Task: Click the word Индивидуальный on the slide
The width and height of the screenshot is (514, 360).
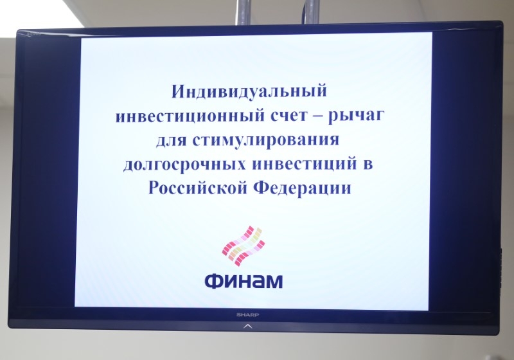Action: (249, 92)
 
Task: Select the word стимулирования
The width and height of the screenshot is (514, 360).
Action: (266, 141)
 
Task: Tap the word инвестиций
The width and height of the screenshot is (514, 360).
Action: (304, 165)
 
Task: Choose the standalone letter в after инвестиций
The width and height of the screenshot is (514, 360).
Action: (368, 165)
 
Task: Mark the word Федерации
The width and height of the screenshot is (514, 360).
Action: (303, 188)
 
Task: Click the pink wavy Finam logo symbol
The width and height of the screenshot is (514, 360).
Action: (244, 246)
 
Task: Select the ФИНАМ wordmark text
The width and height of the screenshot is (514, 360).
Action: (244, 281)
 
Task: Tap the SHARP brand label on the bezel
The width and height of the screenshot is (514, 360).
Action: (248, 315)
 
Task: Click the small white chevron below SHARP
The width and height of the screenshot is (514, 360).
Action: (248, 326)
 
